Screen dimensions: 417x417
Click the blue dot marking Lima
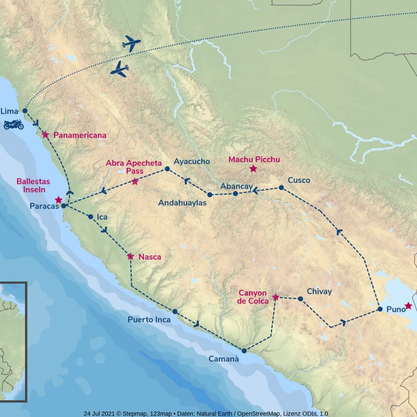[x=24, y=111]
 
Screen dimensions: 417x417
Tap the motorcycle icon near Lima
[x=14, y=125]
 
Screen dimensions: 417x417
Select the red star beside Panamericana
[x=45, y=134]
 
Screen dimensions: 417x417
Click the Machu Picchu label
[x=254, y=160]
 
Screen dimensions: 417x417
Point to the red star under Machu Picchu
[x=253, y=168]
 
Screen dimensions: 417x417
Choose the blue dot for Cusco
[x=281, y=187]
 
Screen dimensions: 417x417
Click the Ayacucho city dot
[x=167, y=169]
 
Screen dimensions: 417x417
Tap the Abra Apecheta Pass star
[x=135, y=181]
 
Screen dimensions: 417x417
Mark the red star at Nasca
[x=130, y=256]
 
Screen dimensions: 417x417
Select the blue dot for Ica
[x=91, y=217]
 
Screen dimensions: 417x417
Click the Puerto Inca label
[x=149, y=320]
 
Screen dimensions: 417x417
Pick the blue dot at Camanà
[x=244, y=350]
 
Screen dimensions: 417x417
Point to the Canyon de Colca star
[x=276, y=297]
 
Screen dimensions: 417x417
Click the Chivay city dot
[x=300, y=299]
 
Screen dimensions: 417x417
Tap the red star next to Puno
[x=408, y=305]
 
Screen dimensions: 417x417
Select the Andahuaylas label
[x=182, y=203]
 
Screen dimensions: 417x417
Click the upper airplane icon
[x=131, y=44]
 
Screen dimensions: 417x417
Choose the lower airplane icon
[x=120, y=69]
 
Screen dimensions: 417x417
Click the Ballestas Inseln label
[x=33, y=185]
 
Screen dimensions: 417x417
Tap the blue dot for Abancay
[x=235, y=193]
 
